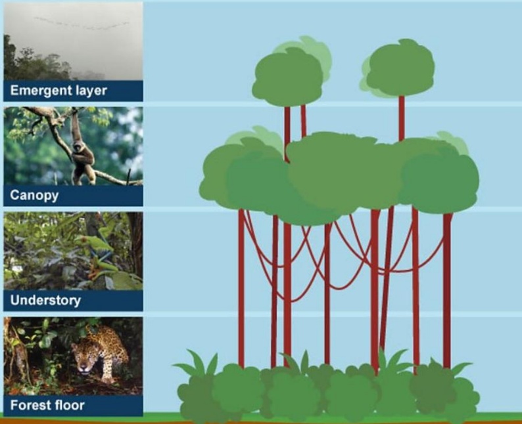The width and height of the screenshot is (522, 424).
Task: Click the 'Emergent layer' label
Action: [x=59, y=91]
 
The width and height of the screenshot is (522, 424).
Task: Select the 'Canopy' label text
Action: [x=34, y=196]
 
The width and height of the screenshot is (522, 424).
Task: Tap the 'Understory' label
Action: [x=45, y=300]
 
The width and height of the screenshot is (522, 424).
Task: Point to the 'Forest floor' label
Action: [x=47, y=405]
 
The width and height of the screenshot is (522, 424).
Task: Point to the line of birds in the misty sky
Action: [x=82, y=23]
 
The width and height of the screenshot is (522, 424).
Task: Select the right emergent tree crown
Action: [x=398, y=69]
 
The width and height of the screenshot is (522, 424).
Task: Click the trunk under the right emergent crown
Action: [x=402, y=118]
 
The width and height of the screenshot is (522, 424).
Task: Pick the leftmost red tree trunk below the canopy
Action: [x=241, y=288]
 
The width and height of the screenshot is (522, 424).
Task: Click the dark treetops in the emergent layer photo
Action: [x=37, y=63]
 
